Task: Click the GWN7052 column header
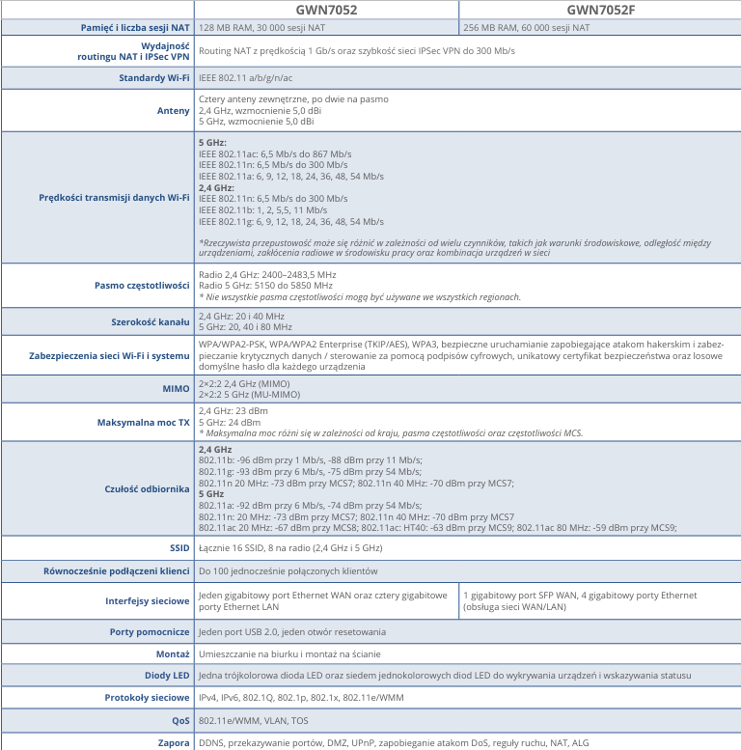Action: pyautogui.click(x=326, y=10)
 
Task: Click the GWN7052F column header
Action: pyautogui.click(x=599, y=10)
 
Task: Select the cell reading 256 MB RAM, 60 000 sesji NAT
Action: pyautogui.click(x=527, y=28)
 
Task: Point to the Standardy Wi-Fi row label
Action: pyautogui.click(x=153, y=77)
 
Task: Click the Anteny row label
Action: pyautogui.click(x=174, y=111)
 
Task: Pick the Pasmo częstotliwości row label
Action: pyautogui.click(x=142, y=286)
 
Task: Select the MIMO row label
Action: pyautogui.click(x=177, y=389)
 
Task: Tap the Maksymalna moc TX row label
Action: pyautogui.click(x=144, y=423)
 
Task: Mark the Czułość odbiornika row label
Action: pyautogui.click(x=147, y=489)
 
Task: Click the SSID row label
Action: pyautogui.click(x=179, y=548)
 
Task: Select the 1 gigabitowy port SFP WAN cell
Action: pyautogui.click(x=579, y=601)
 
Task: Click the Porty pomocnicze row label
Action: pyautogui.click(x=149, y=632)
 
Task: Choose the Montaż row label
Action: pyautogui.click(x=173, y=653)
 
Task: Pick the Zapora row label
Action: pyautogui.click(x=174, y=742)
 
